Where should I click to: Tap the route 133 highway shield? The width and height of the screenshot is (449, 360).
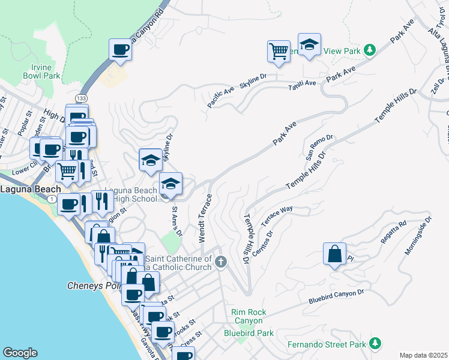click(x=80, y=97)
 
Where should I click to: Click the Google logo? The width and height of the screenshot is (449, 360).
click(x=20, y=352)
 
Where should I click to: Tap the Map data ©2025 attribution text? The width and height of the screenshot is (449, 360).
click(x=423, y=355)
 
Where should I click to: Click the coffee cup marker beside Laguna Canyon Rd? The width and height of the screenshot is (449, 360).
click(x=121, y=50)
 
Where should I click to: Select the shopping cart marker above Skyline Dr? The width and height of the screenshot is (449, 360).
click(x=279, y=52)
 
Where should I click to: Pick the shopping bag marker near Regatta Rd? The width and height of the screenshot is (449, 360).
click(x=334, y=254)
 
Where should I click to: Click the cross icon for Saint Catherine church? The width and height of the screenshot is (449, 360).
click(x=221, y=261)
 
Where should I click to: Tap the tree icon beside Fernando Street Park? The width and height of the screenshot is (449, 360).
click(x=375, y=343)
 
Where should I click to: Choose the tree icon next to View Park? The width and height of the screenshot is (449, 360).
click(x=370, y=50)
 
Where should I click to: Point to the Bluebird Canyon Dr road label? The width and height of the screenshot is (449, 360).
click(x=337, y=296)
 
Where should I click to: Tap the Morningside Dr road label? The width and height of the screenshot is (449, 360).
click(x=418, y=235)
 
